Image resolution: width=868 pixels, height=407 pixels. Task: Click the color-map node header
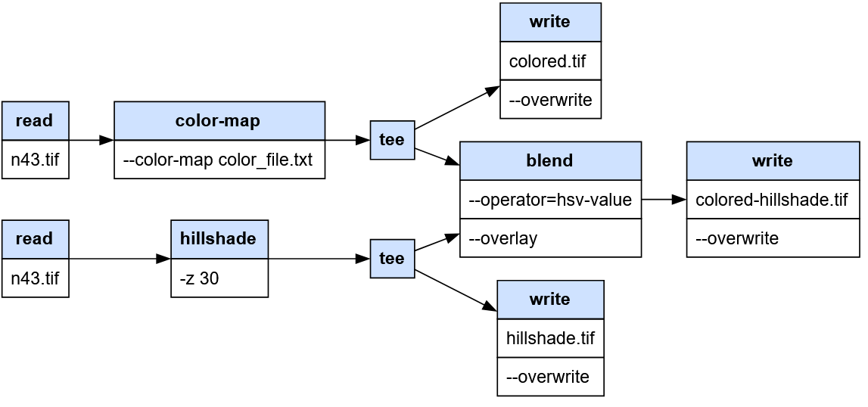click(x=219, y=121)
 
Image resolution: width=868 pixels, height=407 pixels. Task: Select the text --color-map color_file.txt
click(x=217, y=160)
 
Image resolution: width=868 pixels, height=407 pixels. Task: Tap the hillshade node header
click(x=219, y=239)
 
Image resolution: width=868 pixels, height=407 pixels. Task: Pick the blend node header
click(x=550, y=160)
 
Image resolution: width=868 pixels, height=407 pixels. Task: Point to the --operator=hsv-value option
click(x=550, y=200)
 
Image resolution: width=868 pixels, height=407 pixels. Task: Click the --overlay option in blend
click(x=502, y=238)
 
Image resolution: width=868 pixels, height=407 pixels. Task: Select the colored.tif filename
click(x=547, y=61)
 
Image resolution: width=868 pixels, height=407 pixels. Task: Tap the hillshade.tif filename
click(x=550, y=338)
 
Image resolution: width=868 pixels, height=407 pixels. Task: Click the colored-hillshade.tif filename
click(x=772, y=200)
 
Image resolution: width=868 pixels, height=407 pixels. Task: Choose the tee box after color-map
click(x=392, y=140)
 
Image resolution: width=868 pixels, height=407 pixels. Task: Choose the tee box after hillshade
click(x=392, y=259)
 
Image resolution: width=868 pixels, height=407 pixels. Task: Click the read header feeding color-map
click(x=36, y=121)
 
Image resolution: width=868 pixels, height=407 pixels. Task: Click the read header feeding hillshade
click(x=36, y=239)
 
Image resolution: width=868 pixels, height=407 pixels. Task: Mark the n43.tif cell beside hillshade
click(x=36, y=278)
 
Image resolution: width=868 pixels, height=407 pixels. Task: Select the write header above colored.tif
click(x=550, y=22)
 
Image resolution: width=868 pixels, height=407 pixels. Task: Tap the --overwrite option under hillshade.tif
click(x=547, y=377)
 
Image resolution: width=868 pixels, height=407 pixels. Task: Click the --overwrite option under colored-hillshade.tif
click(x=737, y=238)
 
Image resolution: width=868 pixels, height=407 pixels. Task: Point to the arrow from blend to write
click(x=664, y=200)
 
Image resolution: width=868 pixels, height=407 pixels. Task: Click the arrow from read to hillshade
click(x=120, y=259)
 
